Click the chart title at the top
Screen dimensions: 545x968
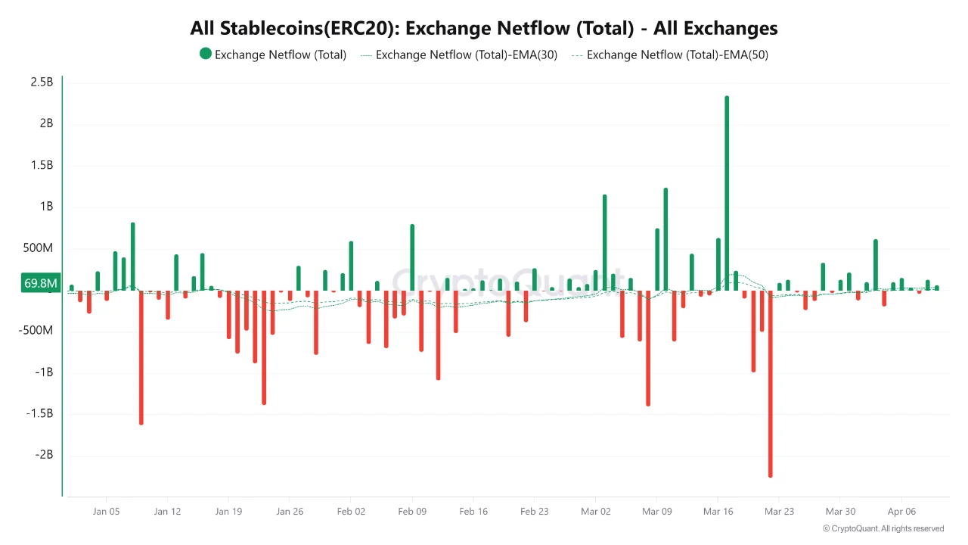pos(484,28)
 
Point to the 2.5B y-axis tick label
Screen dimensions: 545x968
pos(42,82)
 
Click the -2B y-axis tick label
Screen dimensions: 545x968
pos(43,455)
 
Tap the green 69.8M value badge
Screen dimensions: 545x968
pos(41,283)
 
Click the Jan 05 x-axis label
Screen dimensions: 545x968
pos(106,512)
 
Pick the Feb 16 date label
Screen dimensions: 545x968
pos(473,512)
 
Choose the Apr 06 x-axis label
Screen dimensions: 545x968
pos(901,512)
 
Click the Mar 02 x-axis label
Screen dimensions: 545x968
pos(595,512)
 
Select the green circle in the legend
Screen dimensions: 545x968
pos(205,54)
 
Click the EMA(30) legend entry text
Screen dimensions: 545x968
pos(466,54)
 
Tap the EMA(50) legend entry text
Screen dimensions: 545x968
pos(677,54)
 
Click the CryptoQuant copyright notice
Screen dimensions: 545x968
pos(883,528)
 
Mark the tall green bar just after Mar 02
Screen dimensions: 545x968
pos(604,242)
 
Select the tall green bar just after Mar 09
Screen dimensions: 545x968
pos(665,239)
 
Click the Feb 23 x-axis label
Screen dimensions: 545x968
pos(534,512)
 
